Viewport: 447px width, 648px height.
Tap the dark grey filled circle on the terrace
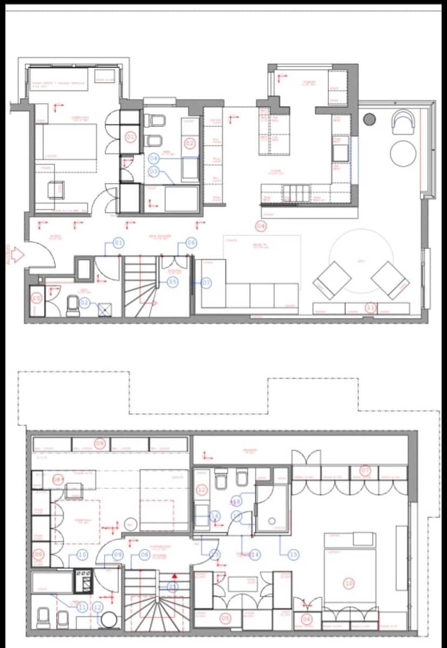coord(370,119)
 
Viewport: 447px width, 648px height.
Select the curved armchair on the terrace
coord(403,122)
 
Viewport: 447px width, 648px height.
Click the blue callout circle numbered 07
coord(206,282)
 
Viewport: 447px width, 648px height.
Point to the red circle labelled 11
coord(370,308)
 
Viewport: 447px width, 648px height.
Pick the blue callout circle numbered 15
coord(293,555)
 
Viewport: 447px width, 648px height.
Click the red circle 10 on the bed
coord(349,583)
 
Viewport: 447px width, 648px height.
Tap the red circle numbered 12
coord(202,490)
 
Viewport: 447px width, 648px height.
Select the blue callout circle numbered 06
coord(191,243)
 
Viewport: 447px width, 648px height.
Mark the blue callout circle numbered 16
coord(215,516)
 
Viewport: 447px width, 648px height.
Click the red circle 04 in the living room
coord(261,226)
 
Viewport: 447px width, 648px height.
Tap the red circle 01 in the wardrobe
coord(130,137)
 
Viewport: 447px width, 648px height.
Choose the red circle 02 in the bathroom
coord(190,144)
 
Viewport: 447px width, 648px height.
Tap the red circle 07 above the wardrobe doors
coord(365,471)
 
